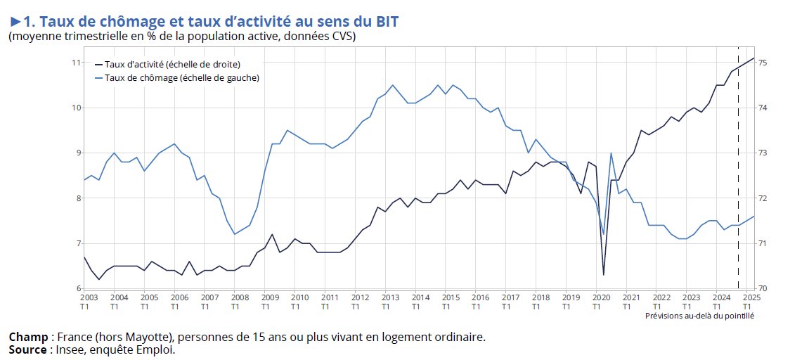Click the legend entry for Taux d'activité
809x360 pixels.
click(x=172, y=64)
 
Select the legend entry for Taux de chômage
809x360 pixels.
click(x=181, y=78)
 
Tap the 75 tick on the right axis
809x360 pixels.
click(x=763, y=63)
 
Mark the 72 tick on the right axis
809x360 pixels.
click(x=763, y=198)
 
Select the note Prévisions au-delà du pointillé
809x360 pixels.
click(x=699, y=316)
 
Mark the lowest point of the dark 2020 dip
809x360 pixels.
click(x=604, y=274)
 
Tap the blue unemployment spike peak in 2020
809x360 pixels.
click(x=611, y=153)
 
